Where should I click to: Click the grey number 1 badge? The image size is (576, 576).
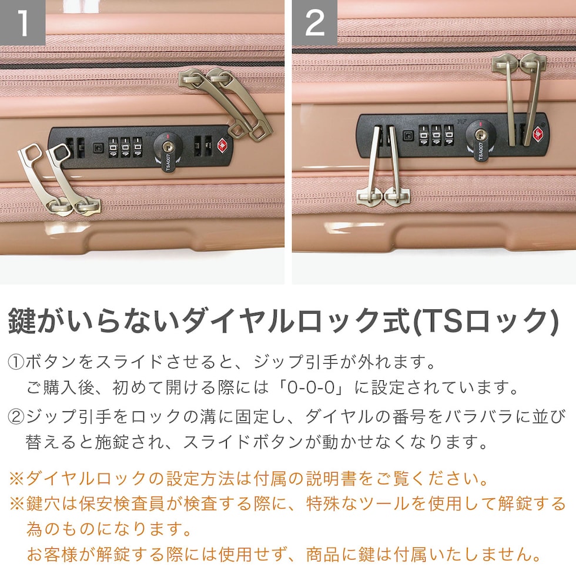(x=22, y=22)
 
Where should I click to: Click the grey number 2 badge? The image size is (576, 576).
(x=315, y=22)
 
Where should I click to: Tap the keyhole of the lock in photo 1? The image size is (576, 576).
(x=168, y=148)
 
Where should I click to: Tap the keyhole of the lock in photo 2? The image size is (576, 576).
(x=480, y=135)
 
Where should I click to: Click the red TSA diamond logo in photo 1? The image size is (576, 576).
(x=223, y=146)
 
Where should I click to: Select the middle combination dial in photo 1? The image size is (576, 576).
(x=126, y=148)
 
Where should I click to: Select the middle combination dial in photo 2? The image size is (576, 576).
(x=436, y=135)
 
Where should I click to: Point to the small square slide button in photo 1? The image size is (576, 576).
(x=98, y=148)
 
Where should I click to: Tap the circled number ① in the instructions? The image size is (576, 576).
(x=16, y=362)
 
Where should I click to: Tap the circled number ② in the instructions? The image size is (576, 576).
(x=16, y=417)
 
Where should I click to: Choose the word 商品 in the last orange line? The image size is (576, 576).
(x=323, y=554)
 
